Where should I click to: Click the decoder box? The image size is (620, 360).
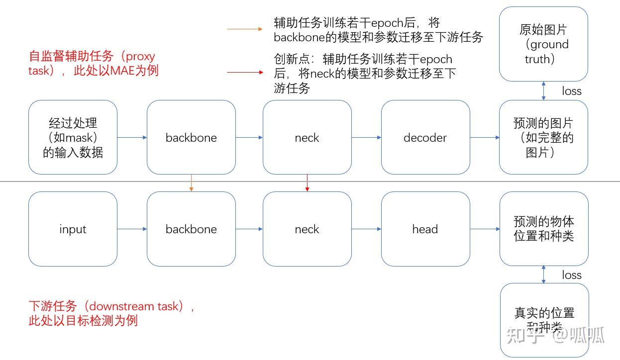[x=425, y=137]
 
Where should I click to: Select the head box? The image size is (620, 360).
[x=425, y=229]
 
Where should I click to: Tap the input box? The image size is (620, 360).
[x=73, y=229]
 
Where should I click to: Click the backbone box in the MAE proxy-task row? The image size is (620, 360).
[x=191, y=137]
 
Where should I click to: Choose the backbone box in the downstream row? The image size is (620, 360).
[x=191, y=229]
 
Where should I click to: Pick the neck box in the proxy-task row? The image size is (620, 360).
[x=307, y=137]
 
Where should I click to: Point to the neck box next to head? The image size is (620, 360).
[x=307, y=229]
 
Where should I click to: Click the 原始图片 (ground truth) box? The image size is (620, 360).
[x=543, y=44]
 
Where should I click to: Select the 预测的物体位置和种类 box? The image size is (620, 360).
[x=544, y=229]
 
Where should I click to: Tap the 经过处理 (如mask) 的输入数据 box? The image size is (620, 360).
[x=73, y=137]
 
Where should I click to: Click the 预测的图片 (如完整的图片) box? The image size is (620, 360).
[x=543, y=137]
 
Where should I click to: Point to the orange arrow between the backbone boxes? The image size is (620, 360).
[x=192, y=183]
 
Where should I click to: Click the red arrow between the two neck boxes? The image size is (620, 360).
[x=307, y=183]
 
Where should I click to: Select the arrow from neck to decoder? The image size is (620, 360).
[x=366, y=138]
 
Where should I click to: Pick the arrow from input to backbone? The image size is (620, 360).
[x=132, y=229]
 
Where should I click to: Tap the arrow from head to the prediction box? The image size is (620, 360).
[x=485, y=229]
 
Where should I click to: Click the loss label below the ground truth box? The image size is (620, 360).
[x=572, y=91]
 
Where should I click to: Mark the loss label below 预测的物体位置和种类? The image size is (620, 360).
[x=572, y=275]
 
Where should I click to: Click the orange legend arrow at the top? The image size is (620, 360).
[x=244, y=29]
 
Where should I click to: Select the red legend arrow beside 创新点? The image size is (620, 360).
[x=244, y=73]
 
